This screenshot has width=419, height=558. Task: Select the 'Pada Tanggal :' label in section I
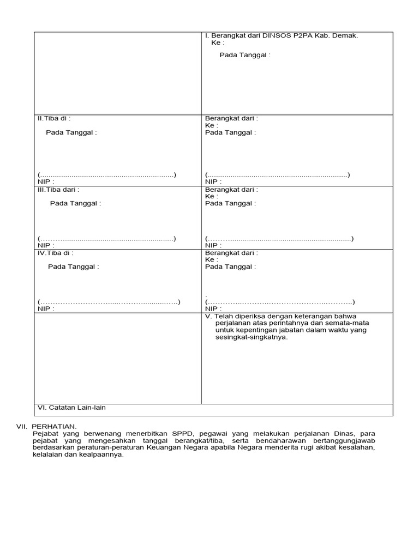[x=245, y=55]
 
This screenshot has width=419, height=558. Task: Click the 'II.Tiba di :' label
[x=54, y=118]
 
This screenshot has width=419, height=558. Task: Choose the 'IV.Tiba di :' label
[x=55, y=253]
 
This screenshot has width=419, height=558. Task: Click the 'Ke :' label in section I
[x=218, y=42]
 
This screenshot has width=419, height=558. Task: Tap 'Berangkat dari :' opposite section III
[x=231, y=190]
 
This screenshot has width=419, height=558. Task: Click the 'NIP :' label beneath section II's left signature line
[x=46, y=181]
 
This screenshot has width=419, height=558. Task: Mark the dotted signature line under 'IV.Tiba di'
[x=109, y=302]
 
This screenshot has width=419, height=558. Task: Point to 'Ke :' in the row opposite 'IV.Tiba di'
[x=212, y=260]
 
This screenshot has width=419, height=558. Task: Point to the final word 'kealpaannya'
[x=104, y=454]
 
